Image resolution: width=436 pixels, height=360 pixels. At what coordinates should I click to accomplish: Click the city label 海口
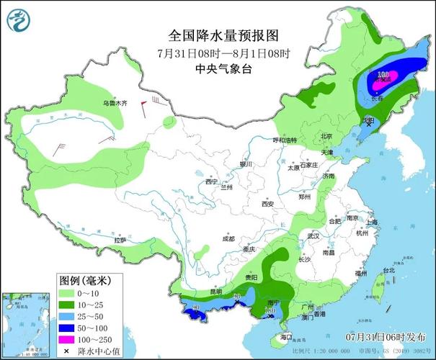pos(286,336)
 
